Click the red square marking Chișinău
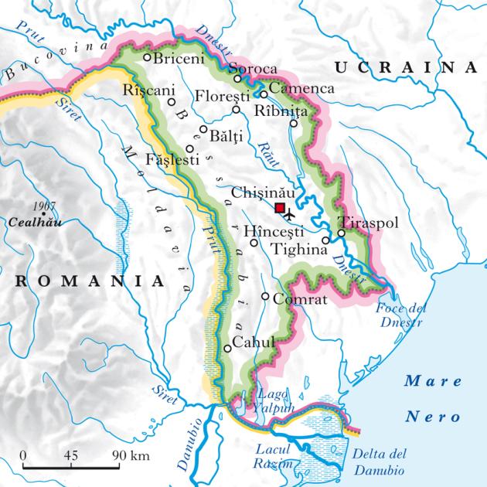tap(280, 207)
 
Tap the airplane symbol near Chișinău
tap(291, 213)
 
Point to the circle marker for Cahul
tap(227, 348)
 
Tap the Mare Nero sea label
tap(433, 399)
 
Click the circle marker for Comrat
tap(265, 296)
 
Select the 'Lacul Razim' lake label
tap(274, 456)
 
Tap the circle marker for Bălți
tap(203, 130)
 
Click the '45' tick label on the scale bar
tap(71, 454)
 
